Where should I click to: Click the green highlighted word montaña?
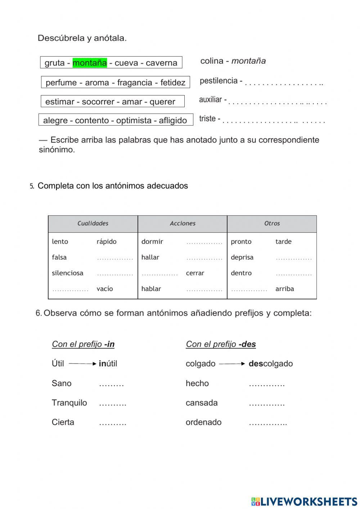click(90, 63)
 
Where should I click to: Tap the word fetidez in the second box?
click(172, 82)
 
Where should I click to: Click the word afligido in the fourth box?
click(172, 120)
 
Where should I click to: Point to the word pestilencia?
click(219, 81)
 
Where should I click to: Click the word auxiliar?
click(211, 99)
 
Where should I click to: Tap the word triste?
click(207, 119)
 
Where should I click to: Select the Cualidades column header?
click(93, 223)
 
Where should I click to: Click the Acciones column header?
click(183, 223)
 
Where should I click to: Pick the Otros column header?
click(272, 223)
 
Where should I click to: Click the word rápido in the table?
click(107, 241)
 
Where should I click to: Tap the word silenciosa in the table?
click(68, 273)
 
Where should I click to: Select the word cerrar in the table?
click(195, 273)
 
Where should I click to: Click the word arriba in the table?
click(285, 289)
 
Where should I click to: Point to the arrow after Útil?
click(82, 364)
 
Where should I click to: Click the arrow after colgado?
click(232, 364)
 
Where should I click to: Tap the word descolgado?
click(271, 364)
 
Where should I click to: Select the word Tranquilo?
click(69, 403)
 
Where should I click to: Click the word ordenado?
click(203, 422)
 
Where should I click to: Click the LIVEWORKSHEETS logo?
click(304, 501)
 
